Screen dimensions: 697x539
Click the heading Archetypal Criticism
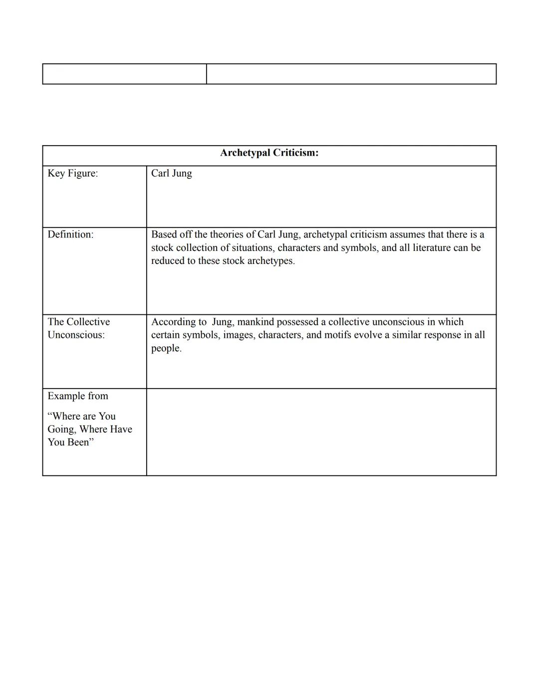pyautogui.click(x=269, y=153)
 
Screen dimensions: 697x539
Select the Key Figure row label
pyautogui.click(x=72, y=173)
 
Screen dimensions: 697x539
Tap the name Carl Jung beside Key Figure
pyautogui.click(x=171, y=173)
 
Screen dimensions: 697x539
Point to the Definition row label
pyautogui.click(x=70, y=234)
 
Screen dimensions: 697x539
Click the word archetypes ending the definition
pyautogui.click(x=270, y=260)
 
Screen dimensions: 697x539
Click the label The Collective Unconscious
pyautogui.click(x=78, y=328)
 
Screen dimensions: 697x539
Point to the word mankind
pyautogui.click(x=256, y=322)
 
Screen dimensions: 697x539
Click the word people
pyautogui.click(x=166, y=348)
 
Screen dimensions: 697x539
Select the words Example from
pyautogui.click(x=78, y=396)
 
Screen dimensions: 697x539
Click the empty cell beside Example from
pyautogui.click(x=321, y=432)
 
